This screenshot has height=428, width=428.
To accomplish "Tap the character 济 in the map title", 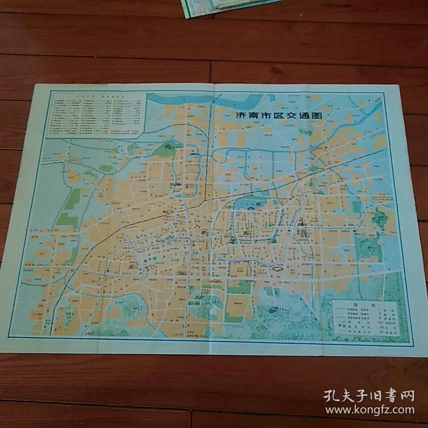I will [x=241, y=115].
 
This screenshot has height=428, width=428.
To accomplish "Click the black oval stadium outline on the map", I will [x=277, y=268].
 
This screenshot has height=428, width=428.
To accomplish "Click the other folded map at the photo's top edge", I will [x=223, y=7].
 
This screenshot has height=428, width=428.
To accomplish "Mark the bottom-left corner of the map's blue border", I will [x=10, y=335].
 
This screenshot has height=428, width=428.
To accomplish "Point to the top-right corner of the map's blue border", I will [x=384, y=93].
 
